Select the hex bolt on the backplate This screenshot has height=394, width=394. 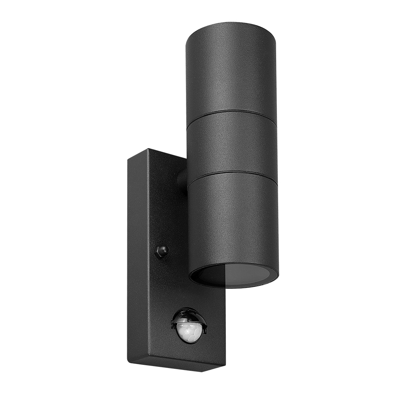(162, 251)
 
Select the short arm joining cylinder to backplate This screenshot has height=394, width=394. (182, 180)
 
